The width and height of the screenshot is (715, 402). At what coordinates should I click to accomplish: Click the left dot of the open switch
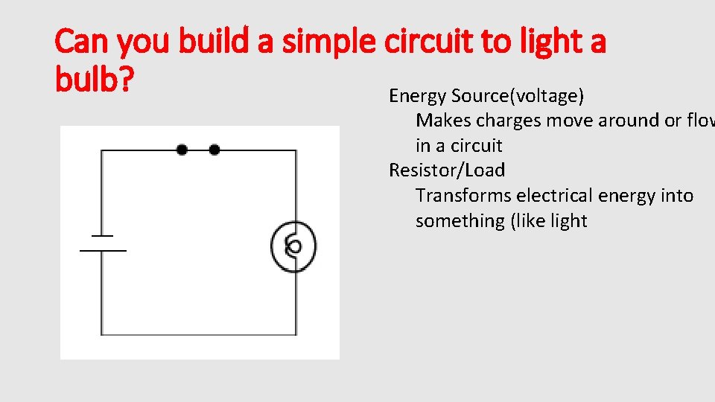point(182,150)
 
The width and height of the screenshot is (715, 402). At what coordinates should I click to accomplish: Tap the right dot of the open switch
point(214,150)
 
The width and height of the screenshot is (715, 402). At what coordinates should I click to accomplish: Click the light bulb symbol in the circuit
point(293,246)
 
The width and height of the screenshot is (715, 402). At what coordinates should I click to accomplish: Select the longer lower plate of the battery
point(103,251)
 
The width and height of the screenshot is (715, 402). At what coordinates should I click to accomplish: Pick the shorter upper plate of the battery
point(102,236)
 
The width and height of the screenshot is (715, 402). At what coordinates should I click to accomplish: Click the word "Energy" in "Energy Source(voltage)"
point(417,96)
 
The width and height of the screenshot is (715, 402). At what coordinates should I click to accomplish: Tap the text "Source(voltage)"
point(518,96)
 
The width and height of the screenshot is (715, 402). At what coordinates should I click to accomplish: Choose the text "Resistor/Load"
point(447,170)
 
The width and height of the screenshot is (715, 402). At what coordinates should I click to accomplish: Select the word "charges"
point(513,121)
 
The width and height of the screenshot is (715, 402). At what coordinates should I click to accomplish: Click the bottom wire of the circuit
point(198,336)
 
